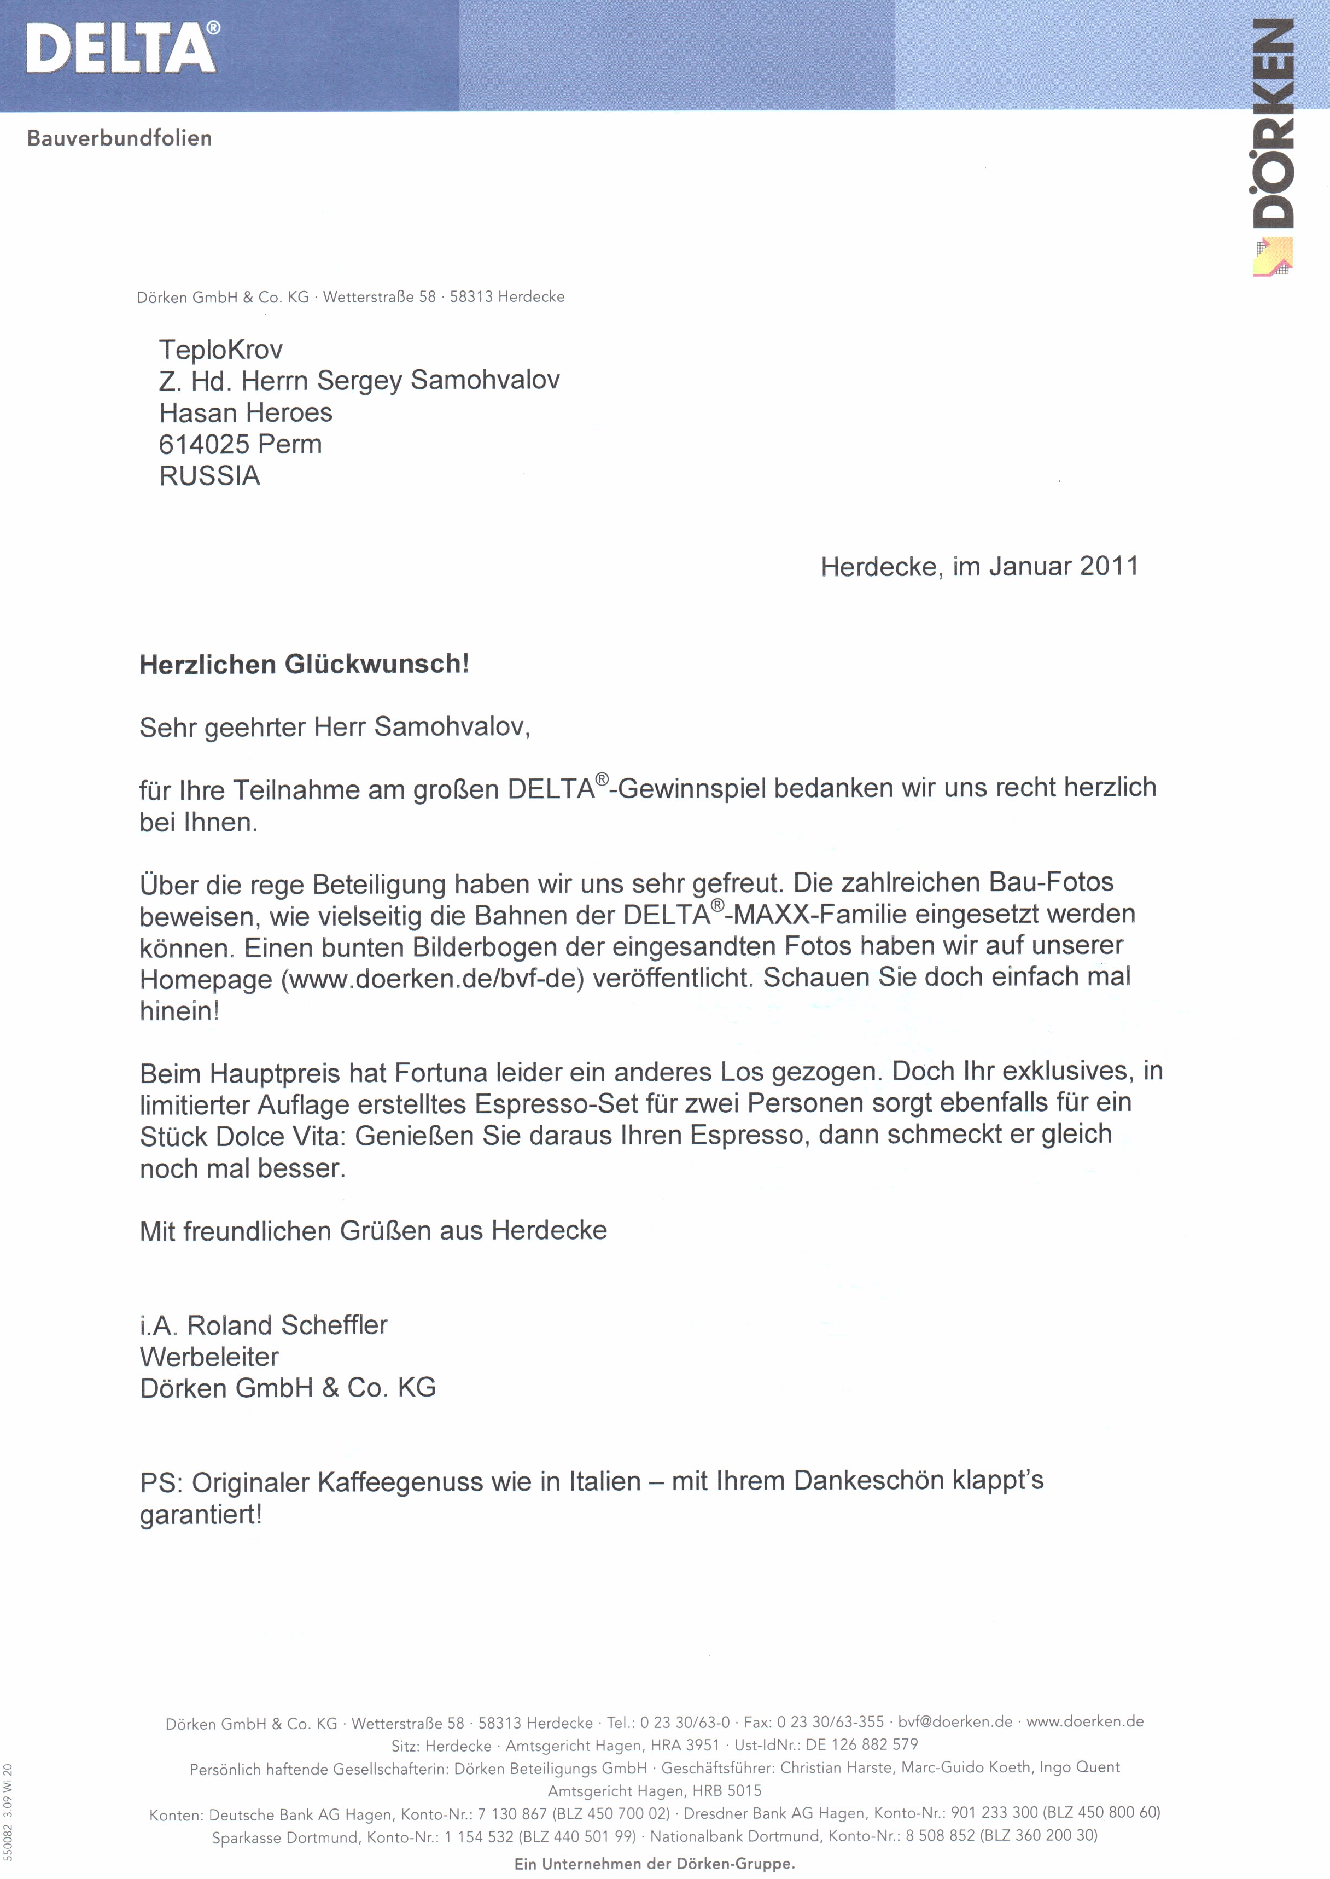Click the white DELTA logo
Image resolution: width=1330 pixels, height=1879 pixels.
click(122, 48)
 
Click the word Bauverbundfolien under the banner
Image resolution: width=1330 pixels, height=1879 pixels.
click(120, 138)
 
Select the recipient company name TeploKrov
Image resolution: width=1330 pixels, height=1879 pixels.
click(221, 350)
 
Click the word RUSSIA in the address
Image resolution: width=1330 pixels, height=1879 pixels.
click(209, 476)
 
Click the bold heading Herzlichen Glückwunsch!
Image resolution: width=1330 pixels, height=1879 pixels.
click(305, 664)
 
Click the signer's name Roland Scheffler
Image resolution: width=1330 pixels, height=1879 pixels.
click(288, 1325)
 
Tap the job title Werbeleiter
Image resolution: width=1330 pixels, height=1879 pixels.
click(209, 1357)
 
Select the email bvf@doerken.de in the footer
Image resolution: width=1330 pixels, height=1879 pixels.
click(955, 1722)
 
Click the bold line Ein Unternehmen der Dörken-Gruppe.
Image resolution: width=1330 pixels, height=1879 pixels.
click(655, 1864)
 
